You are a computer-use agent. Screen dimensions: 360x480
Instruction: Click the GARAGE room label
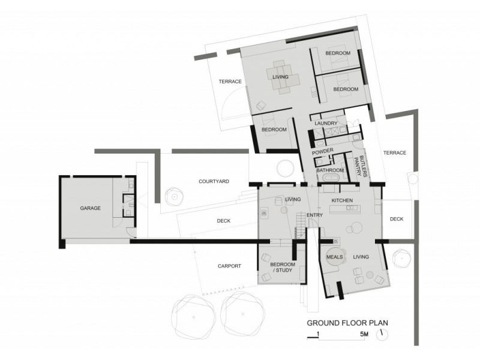tap(90, 208)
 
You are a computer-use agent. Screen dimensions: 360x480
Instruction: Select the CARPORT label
tap(229, 266)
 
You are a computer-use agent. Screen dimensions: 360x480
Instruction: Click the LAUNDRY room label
tap(326, 124)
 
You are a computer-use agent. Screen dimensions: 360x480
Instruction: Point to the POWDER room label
tap(322, 151)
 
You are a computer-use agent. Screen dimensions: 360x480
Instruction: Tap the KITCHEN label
tap(342, 200)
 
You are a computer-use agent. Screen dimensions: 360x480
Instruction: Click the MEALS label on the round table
tap(334, 257)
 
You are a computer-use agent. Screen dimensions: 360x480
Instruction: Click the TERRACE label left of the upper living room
tap(229, 82)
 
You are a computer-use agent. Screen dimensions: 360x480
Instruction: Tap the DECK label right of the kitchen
tap(397, 220)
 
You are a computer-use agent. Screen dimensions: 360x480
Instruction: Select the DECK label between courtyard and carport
tap(223, 221)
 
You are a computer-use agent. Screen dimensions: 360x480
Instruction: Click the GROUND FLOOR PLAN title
tap(347, 322)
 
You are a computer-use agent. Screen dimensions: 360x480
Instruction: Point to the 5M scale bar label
tap(364, 334)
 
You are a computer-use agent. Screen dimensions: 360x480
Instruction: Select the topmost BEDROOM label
tap(338, 54)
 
